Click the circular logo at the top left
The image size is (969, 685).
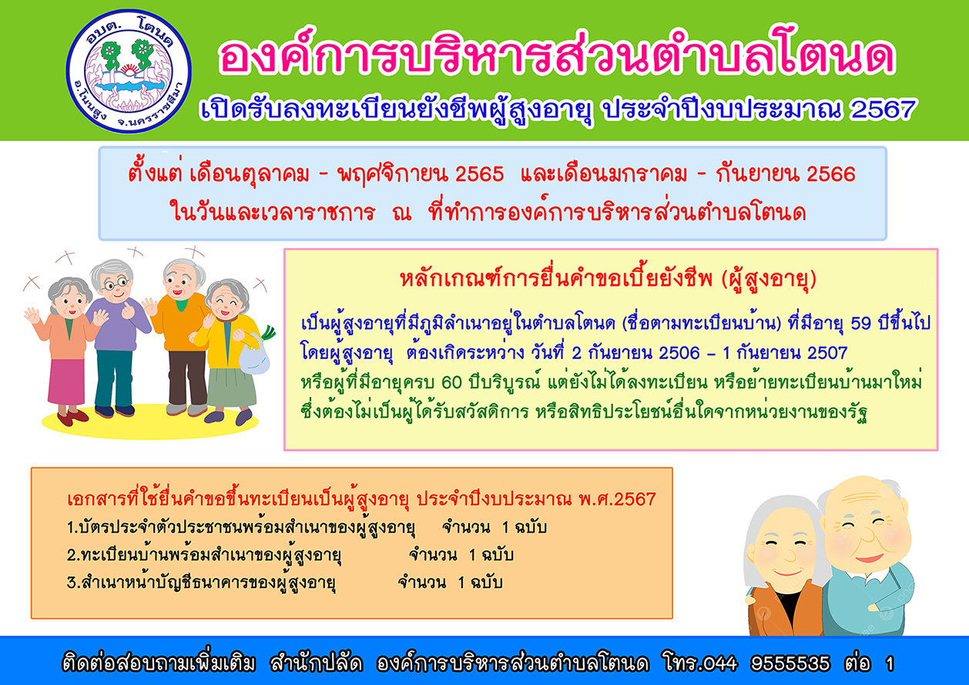129,72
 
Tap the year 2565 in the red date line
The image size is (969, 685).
479,174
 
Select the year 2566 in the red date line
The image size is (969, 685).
831,174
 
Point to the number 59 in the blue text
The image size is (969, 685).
861,324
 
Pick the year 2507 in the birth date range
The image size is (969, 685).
826,353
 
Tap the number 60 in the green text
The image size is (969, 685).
452,382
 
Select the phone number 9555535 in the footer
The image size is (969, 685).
790,663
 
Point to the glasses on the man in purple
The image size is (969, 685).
116,284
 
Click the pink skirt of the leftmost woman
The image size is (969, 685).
66,381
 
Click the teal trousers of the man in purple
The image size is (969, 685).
114,378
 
